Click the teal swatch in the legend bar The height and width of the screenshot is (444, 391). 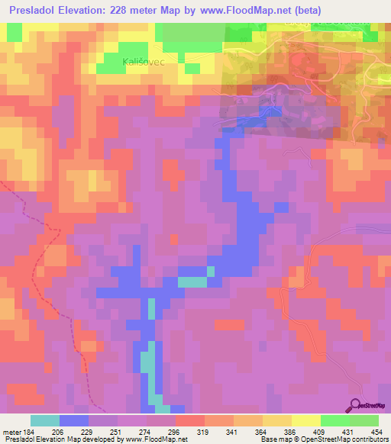tap(45, 420)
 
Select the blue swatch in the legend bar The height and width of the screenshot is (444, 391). tap(74, 420)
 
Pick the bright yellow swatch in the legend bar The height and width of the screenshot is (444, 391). tap(306, 420)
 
